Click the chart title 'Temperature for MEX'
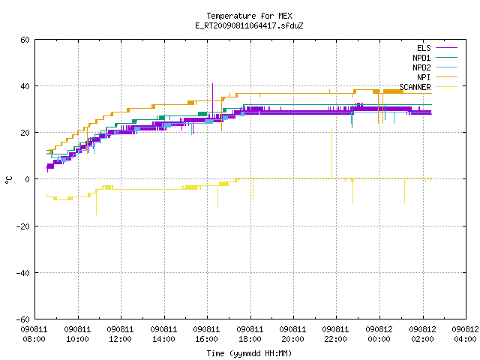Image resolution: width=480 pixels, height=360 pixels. click(249, 16)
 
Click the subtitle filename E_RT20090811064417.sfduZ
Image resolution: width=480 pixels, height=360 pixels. click(249, 25)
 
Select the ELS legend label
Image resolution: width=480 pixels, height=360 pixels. click(424, 48)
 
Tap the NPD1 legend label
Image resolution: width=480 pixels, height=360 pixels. click(421, 58)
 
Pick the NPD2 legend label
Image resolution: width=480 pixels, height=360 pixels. click(421, 67)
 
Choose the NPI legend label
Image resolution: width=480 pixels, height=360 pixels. click(424, 77)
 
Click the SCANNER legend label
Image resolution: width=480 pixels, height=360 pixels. click(415, 87)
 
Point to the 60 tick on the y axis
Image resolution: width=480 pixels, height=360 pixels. click(25, 40)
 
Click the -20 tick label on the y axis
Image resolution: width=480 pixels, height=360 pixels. click(23, 226)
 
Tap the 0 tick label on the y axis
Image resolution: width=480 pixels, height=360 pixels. click(27, 179)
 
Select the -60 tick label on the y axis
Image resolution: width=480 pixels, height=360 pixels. click(23, 319)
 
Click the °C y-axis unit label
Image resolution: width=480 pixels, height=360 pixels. click(8, 180)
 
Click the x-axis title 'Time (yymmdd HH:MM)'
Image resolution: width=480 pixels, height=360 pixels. click(249, 353)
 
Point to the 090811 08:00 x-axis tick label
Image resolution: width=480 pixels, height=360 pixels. click(34, 334)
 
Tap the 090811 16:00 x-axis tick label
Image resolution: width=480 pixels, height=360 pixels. click(207, 334)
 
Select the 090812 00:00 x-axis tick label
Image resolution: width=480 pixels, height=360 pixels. click(379, 334)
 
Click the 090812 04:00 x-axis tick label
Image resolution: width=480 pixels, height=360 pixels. click(465, 334)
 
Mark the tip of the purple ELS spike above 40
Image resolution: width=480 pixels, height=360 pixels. click(212, 83)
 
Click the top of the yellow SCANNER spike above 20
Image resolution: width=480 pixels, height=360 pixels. click(331, 127)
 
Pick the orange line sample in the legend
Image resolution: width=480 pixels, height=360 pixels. click(446, 77)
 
